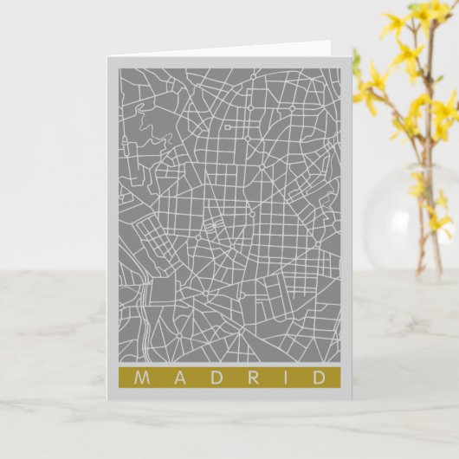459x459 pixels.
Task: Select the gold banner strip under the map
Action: pyautogui.click(x=229, y=378)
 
